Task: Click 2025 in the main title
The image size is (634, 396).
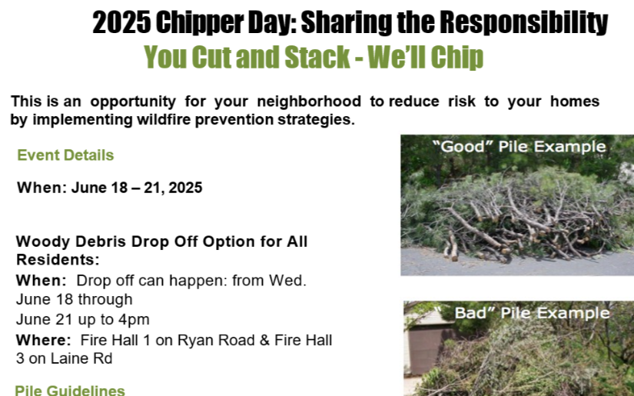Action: tap(121, 23)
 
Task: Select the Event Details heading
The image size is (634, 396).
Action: tap(65, 155)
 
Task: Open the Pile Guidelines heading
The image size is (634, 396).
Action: tap(70, 391)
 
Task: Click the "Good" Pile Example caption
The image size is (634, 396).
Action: tap(519, 146)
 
